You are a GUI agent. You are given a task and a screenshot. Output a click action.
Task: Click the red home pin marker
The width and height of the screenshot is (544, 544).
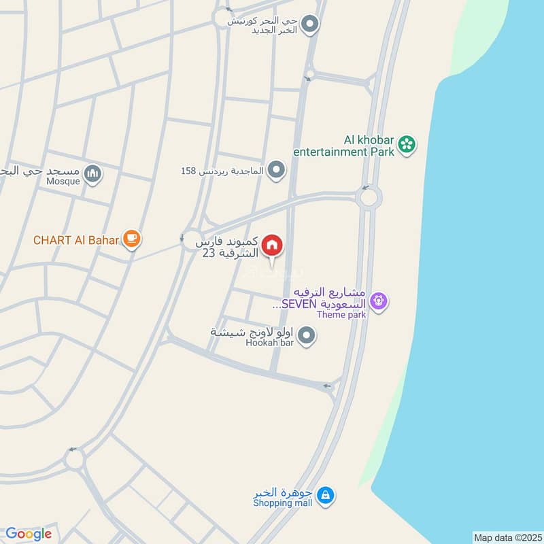click(272, 245)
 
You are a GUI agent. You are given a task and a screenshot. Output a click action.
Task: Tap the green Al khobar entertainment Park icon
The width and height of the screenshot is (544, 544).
click(407, 144)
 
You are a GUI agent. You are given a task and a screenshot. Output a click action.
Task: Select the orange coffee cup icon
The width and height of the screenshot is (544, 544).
click(131, 239)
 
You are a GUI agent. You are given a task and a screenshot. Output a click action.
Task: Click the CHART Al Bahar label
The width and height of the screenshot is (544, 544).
click(76, 239)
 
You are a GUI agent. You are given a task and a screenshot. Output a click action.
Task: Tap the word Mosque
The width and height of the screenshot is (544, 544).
click(63, 182)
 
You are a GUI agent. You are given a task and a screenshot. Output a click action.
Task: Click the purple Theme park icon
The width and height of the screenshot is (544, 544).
click(379, 299)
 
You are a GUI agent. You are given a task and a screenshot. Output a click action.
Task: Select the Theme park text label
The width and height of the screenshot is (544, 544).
click(341, 314)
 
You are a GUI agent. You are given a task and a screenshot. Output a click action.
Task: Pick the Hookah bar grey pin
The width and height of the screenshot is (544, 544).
click(307, 335)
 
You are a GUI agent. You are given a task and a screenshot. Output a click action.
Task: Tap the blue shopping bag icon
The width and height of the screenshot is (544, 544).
click(326, 495)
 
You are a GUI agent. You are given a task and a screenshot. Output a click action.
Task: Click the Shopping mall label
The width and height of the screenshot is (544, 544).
click(283, 503)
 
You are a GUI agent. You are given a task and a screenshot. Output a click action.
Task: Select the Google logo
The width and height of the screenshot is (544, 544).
click(29, 534)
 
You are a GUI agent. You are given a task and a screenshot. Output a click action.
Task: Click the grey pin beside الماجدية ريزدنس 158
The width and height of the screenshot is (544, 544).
click(275, 169)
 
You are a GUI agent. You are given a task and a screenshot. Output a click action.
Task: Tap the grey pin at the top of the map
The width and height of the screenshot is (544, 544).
click(310, 26)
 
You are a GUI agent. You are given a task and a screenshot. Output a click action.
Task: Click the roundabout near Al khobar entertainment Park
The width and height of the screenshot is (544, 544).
click(368, 198)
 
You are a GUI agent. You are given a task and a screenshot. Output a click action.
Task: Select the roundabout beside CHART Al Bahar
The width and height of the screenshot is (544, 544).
click(192, 239)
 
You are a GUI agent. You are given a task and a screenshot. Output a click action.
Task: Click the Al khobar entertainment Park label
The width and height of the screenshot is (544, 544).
click(344, 146)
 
